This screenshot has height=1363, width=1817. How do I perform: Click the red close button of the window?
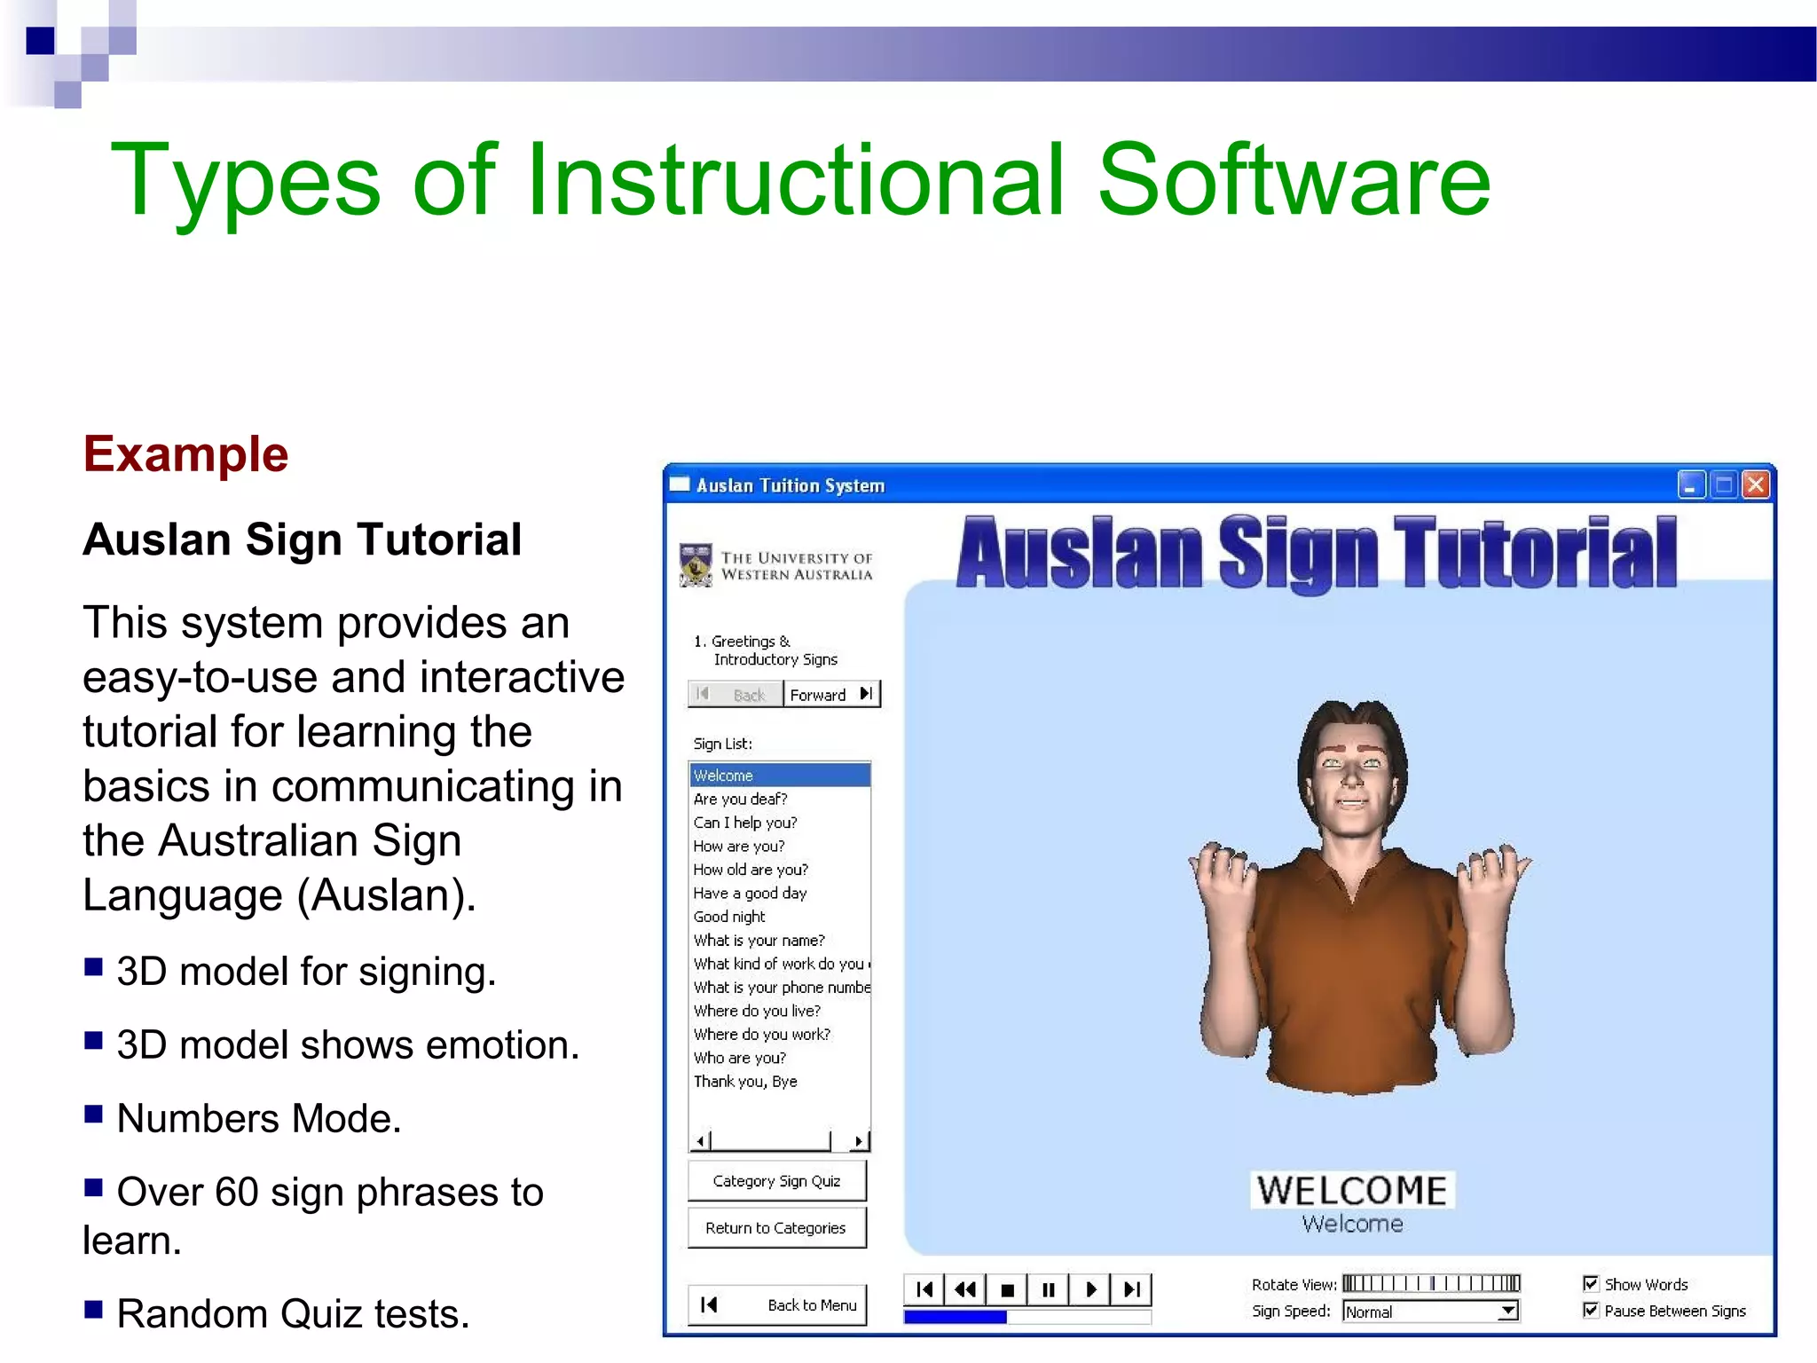[1755, 485]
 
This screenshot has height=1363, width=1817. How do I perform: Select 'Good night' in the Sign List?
[729, 917]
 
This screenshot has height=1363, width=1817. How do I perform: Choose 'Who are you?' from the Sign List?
[740, 1058]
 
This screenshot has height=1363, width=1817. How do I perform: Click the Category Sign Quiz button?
[776, 1181]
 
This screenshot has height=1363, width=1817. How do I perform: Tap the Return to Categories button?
[776, 1228]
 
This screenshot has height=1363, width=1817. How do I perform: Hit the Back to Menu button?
[777, 1304]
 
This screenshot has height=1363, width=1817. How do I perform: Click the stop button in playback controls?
[1007, 1289]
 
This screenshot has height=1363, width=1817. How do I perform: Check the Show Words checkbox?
[1591, 1284]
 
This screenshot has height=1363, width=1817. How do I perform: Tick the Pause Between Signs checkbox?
[1591, 1311]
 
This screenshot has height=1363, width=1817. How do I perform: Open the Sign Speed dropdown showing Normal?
[1507, 1312]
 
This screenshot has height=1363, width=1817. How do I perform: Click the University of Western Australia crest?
[696, 565]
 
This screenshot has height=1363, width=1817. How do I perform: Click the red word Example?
[185, 454]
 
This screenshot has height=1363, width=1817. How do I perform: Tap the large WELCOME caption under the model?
[1352, 1190]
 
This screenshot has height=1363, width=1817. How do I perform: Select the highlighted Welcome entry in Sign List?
[779, 775]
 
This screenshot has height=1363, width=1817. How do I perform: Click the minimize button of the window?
[1691, 485]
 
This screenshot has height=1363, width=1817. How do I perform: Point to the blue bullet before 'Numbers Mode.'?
[93, 1115]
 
